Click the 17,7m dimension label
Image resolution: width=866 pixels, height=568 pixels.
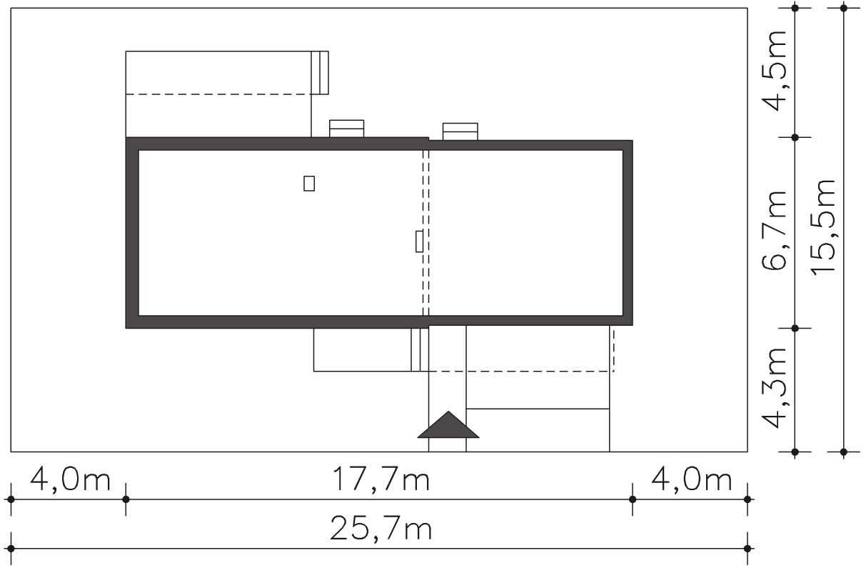[381, 480]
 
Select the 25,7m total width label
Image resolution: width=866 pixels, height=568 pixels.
[381, 529]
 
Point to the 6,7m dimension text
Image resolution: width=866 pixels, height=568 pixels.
[775, 231]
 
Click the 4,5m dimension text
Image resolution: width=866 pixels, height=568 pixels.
[775, 71]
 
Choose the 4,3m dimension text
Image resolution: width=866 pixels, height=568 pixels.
[775, 388]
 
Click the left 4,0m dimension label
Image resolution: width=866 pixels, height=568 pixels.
[71, 480]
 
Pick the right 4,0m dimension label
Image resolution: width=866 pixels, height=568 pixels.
[692, 480]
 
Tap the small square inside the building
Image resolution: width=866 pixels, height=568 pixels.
[309, 184]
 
